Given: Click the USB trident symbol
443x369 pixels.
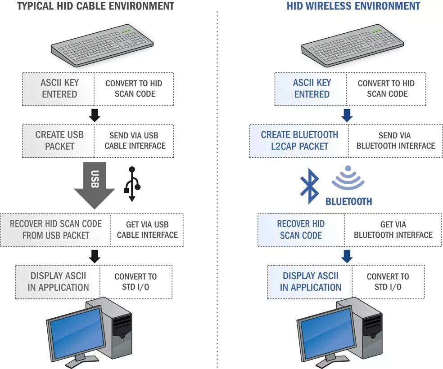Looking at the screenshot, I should tap(132, 184).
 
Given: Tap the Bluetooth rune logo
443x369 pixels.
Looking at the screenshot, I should tap(310, 184).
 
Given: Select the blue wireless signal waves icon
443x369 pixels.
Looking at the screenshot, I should tap(348, 178).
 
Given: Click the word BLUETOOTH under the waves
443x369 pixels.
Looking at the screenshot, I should tap(349, 201).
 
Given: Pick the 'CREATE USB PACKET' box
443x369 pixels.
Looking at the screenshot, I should tap(59, 141).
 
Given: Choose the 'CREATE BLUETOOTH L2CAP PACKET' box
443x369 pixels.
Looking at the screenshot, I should tap(299, 141).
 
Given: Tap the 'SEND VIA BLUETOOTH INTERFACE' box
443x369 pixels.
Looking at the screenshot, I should tap(395, 141).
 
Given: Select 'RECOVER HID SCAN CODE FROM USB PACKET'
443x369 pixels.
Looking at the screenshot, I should tap(56, 230).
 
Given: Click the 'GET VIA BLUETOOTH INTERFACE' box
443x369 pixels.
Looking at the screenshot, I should tap(393, 230).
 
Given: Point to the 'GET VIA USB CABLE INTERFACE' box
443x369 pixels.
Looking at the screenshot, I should tap(147, 230).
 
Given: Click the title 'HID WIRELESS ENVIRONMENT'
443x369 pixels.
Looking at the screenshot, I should tap(353, 6).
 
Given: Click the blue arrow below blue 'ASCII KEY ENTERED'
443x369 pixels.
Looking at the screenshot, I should tap(346, 116).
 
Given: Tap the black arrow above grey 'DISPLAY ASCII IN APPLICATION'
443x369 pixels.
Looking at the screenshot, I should tap(95, 256).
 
